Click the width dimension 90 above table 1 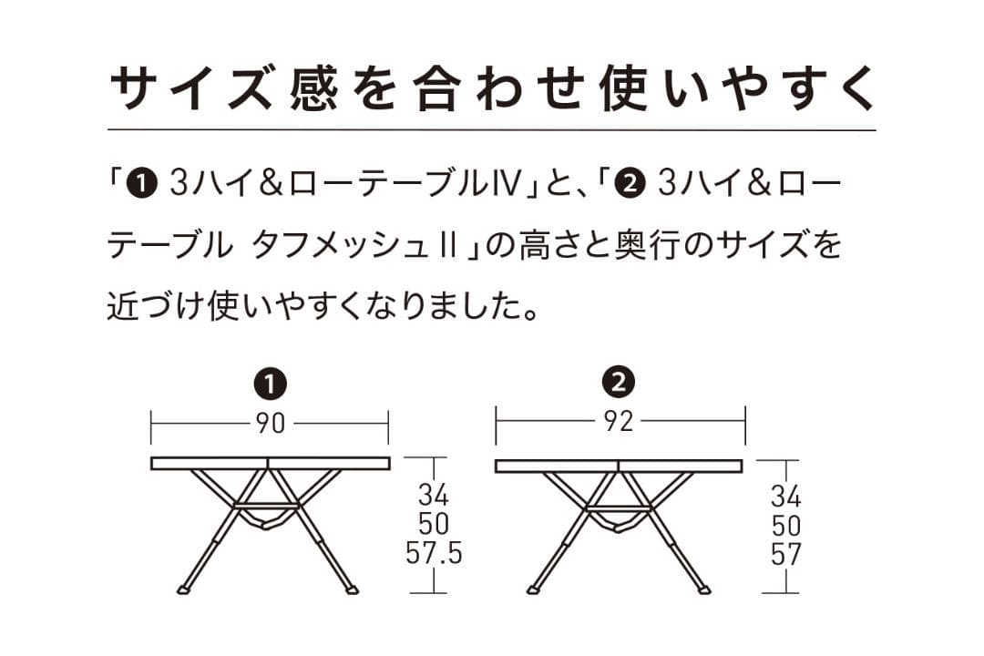coord(270,424)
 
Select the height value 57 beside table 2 coord(785,555)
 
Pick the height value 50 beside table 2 coord(785,526)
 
